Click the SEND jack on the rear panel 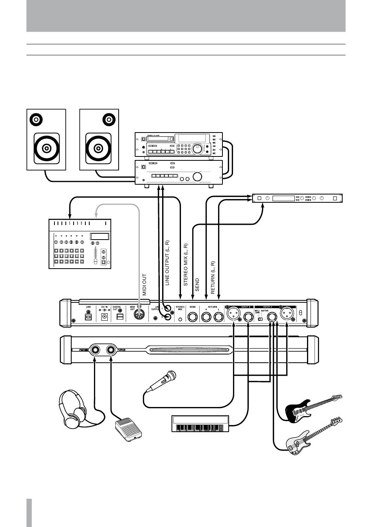[193, 316]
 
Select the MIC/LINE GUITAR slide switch [260, 319]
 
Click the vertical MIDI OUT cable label [144, 285]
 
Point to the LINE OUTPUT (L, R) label [167, 263]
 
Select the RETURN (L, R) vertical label [213, 278]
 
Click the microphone [162, 380]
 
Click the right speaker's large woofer [99, 149]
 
